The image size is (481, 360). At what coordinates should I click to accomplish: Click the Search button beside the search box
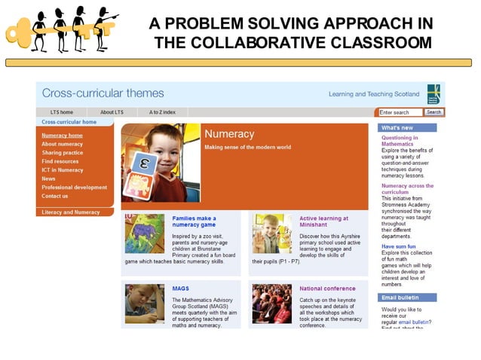click(x=434, y=112)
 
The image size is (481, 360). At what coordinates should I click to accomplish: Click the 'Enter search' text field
click(x=400, y=112)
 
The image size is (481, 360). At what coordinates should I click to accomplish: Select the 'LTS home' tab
click(x=62, y=112)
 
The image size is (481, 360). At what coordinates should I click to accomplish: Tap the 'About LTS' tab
click(x=112, y=112)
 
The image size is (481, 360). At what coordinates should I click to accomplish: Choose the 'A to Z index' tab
click(x=162, y=112)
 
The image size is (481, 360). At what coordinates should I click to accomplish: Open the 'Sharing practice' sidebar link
click(x=63, y=153)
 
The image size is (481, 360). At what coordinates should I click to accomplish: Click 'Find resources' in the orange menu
click(x=60, y=161)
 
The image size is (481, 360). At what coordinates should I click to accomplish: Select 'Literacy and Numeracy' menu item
click(x=71, y=212)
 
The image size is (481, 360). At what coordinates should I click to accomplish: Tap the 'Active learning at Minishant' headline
click(x=323, y=221)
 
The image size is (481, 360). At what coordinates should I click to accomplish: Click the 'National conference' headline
click(x=326, y=288)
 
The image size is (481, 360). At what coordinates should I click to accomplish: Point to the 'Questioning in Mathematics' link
click(x=400, y=141)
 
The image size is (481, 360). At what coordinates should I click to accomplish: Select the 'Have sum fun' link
click(x=398, y=246)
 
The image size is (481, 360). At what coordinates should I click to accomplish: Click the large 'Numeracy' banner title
click(x=229, y=134)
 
